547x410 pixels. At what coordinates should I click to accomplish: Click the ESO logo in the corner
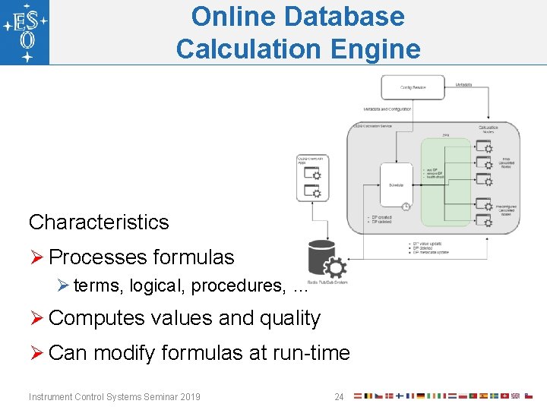coord(25,32)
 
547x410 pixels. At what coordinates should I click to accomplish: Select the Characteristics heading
coord(99,222)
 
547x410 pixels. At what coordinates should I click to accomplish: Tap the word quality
coord(290,318)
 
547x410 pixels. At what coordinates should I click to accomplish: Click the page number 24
coord(339,396)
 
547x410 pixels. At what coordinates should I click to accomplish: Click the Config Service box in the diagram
coord(414,87)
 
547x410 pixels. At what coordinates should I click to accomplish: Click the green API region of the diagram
coord(446,182)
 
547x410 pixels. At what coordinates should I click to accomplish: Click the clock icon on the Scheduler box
coord(406,207)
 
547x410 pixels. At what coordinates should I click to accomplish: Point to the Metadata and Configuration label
coord(387,109)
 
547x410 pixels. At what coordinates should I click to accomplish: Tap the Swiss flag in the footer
coord(504,396)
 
